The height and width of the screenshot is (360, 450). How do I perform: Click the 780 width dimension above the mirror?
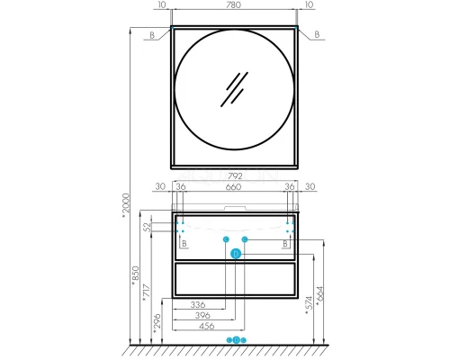(234, 4)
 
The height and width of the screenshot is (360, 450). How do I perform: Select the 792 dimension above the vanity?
(235, 175)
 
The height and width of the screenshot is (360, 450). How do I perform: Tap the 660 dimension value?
(233, 187)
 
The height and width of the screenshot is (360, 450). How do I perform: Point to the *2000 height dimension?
(126, 203)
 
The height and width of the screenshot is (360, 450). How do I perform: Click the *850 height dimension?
(136, 275)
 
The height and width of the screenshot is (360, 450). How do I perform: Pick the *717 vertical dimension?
(146, 292)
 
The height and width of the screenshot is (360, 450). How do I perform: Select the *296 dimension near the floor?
(157, 324)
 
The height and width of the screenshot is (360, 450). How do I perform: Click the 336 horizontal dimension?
(198, 305)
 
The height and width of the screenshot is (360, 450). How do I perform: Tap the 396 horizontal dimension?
(202, 315)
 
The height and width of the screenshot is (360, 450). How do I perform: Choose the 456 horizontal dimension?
(207, 326)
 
